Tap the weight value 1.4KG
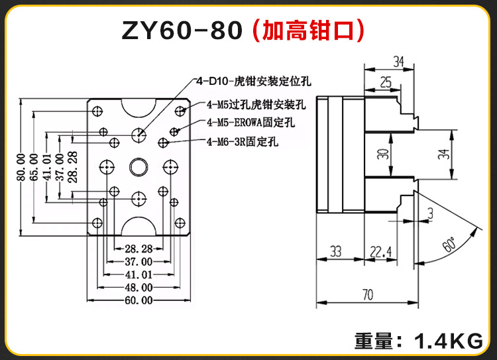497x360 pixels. coord(448,342)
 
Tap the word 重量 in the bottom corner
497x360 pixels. coord(374,342)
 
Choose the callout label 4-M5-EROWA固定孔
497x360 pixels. coord(250,123)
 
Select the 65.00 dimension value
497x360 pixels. coord(34,166)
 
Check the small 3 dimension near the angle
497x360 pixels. coord(431,212)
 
